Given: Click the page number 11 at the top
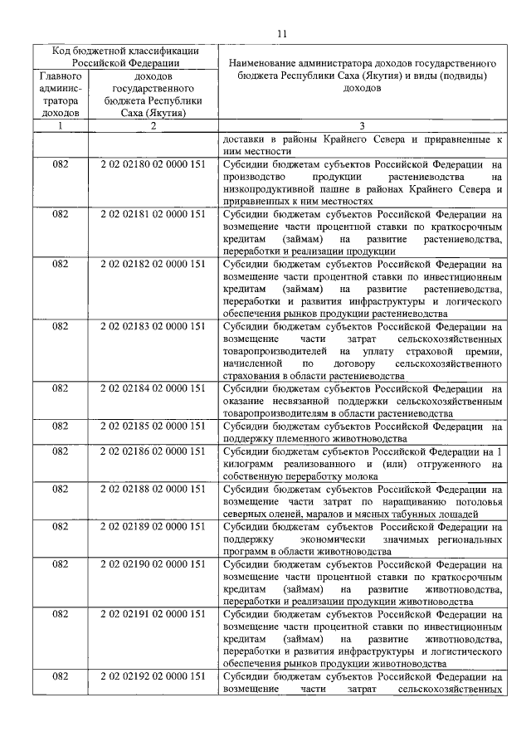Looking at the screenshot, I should [x=281, y=33].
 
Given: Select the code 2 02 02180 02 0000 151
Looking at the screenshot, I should [x=152, y=165].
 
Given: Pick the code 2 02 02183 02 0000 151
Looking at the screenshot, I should [x=152, y=326].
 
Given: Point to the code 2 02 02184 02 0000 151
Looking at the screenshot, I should [x=152, y=388].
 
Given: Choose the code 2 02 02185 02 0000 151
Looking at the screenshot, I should [x=152, y=427].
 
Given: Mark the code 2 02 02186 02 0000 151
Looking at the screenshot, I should [x=152, y=451].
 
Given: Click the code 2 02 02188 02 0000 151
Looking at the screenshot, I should [x=152, y=489].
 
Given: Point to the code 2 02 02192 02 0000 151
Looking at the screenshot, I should [x=152, y=676].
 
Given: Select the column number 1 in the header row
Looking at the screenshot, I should [x=60, y=125].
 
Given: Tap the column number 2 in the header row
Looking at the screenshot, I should [x=153, y=125].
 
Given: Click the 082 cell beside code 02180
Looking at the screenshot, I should [x=60, y=165].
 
